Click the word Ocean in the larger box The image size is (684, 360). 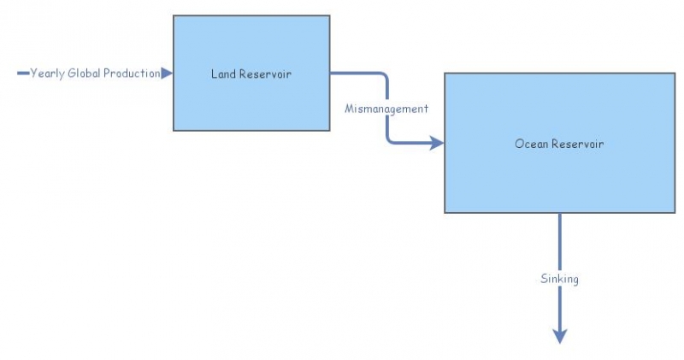coord(531,144)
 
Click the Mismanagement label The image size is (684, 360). coord(386,109)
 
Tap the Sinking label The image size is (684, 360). coord(560,279)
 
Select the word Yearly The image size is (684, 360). coord(48,74)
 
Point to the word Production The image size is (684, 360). coord(132,74)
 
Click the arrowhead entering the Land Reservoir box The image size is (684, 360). coord(167,74)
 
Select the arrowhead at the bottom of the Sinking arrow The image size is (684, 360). coord(560,336)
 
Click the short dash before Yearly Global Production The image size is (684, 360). coord(23,74)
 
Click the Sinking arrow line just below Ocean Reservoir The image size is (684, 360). coord(560,231)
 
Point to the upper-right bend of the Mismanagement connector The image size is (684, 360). coord(385,76)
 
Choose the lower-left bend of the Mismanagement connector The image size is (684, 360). coord(390,140)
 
